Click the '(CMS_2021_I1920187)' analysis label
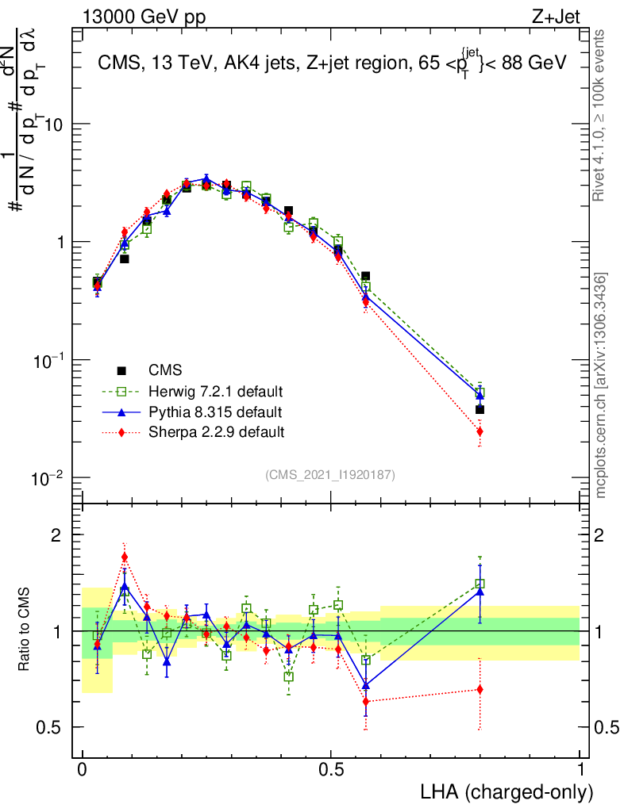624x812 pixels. (330, 474)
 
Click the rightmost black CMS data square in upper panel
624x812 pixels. (480, 410)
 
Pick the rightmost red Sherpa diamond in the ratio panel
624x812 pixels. (480, 689)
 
